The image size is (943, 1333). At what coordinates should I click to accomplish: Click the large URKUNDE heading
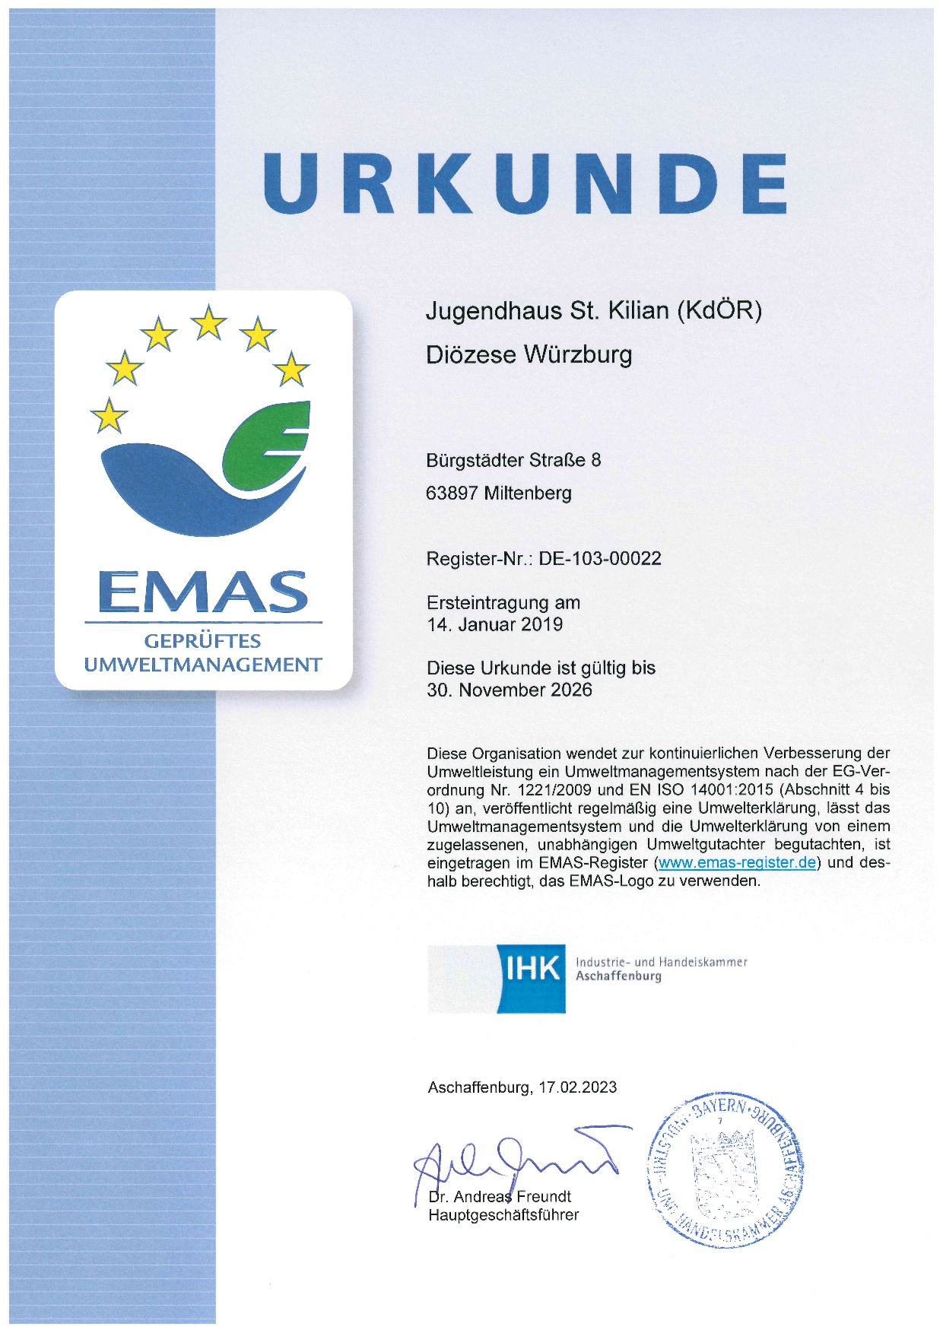525,183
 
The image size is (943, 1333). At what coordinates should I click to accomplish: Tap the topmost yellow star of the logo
209,323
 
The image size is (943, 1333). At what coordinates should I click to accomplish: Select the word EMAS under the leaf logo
204,592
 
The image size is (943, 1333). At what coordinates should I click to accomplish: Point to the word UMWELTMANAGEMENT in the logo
203,665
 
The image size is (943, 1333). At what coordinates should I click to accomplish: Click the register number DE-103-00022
600,559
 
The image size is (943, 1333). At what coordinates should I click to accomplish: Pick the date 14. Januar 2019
495,625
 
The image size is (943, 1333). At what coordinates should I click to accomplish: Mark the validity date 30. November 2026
510,690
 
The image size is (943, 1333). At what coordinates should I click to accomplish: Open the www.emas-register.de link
737,863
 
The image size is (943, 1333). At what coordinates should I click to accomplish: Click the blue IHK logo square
532,979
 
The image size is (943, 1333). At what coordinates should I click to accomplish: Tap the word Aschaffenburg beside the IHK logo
618,977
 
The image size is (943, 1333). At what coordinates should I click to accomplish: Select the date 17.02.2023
578,1087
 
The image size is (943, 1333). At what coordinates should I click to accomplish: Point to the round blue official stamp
725,1170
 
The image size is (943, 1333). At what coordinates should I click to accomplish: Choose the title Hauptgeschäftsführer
503,1215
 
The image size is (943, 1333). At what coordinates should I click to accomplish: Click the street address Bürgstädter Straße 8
513,461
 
